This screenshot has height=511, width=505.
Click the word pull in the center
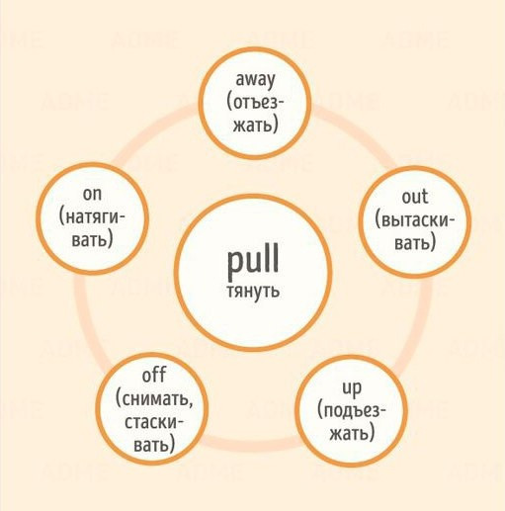coord(253,261)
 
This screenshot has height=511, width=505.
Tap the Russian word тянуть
coord(253,292)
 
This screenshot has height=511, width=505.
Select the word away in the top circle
coord(255,80)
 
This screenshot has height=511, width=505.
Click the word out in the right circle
coord(415,197)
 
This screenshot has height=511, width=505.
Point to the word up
coord(352,388)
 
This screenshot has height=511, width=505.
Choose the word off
coord(153,375)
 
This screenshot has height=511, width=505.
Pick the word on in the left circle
coord(92,194)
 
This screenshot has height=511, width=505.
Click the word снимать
coord(154,399)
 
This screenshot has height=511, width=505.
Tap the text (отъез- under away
coord(255,102)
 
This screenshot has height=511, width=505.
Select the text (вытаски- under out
coord(415,220)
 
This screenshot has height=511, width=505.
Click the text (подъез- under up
coord(352,412)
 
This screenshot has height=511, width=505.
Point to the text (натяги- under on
coord(92,217)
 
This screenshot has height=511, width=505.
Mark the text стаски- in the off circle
coord(153,422)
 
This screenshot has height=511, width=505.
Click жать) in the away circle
coord(256,125)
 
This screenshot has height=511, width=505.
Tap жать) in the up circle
coord(352,433)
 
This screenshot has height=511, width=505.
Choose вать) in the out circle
coord(415,242)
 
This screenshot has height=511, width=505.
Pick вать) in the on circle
coord(93,239)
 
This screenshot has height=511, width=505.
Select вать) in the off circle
coord(154,445)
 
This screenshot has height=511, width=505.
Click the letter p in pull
coord(234,264)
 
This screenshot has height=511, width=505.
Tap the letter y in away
coord(270,83)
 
